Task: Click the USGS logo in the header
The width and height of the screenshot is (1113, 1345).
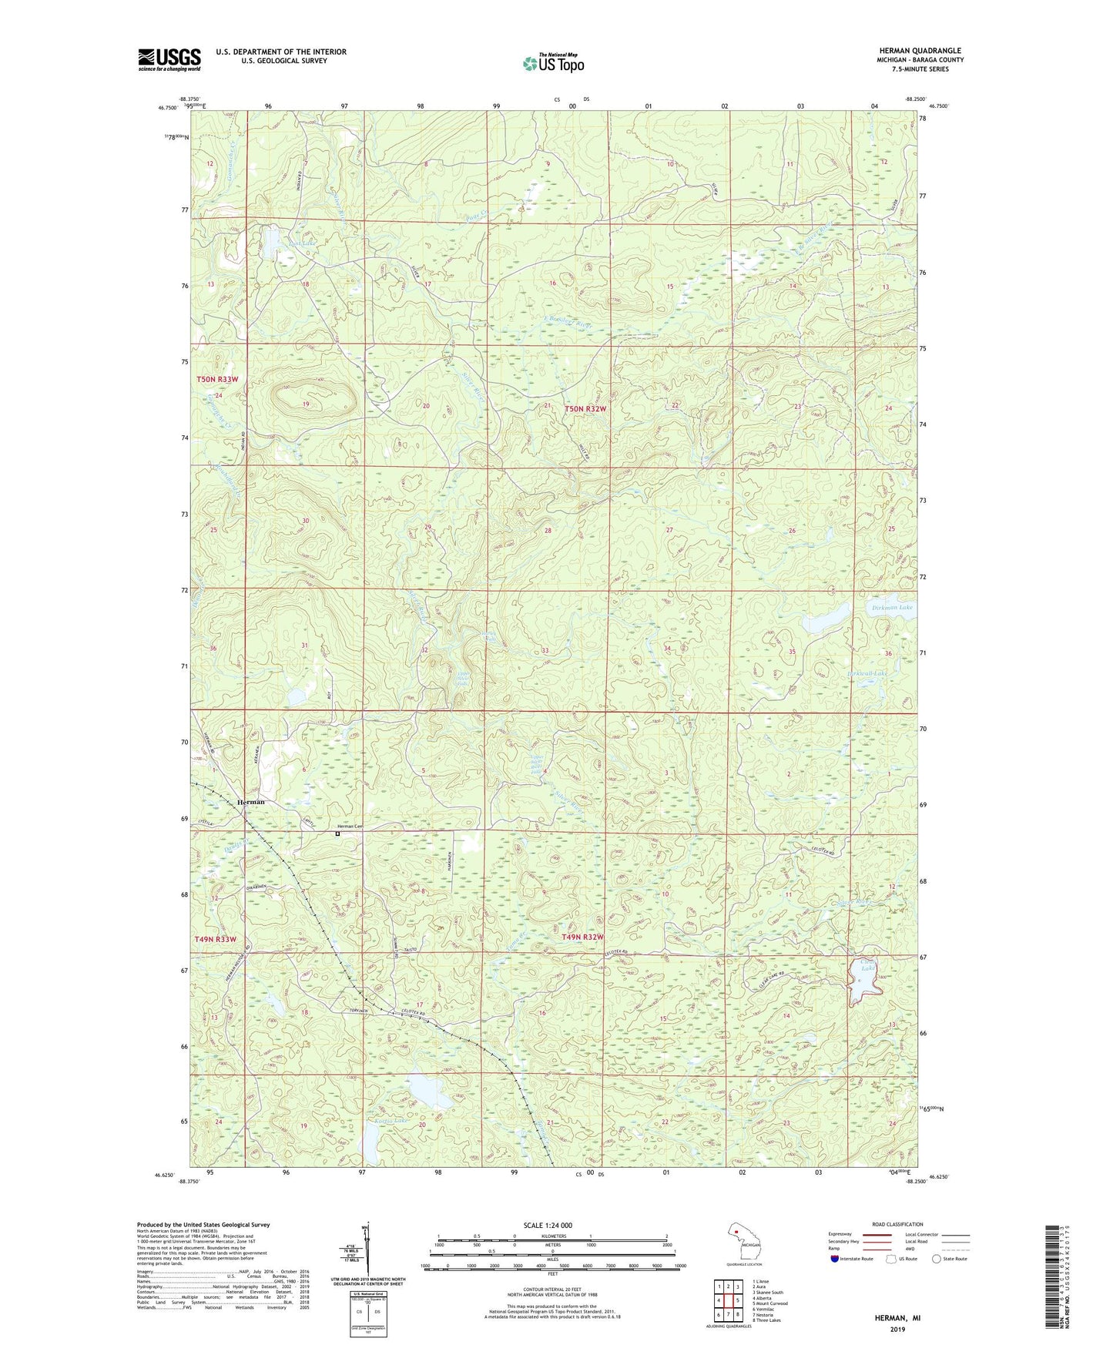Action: pos(169,59)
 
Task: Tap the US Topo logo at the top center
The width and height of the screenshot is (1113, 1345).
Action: pos(553,63)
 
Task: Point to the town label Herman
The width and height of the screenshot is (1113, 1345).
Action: pos(251,802)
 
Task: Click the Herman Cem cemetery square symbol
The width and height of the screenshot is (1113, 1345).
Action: pos(337,833)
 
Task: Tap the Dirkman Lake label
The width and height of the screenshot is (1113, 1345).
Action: pos(892,608)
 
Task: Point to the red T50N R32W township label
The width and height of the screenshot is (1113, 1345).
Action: pos(586,408)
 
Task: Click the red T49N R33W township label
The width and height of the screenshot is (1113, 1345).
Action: pos(216,939)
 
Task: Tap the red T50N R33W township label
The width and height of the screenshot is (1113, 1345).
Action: pos(217,379)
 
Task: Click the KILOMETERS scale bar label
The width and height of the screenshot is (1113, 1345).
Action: pos(552,1236)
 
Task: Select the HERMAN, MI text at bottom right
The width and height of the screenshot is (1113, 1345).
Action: pos(897,1317)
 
